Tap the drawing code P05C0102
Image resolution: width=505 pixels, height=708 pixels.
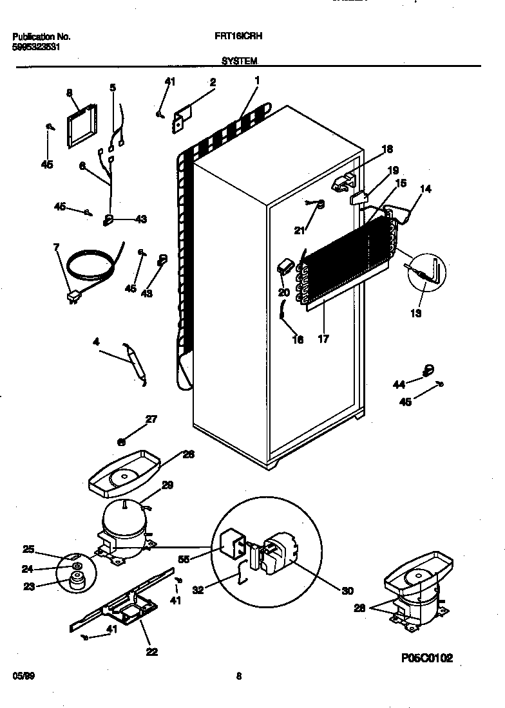click(427, 657)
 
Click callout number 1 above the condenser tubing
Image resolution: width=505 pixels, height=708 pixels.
click(257, 80)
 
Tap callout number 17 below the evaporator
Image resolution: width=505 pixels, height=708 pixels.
click(323, 339)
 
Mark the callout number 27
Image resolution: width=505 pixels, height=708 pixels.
click(151, 420)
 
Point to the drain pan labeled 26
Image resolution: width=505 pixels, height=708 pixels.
click(122, 475)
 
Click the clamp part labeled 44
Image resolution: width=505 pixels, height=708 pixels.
click(427, 369)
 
